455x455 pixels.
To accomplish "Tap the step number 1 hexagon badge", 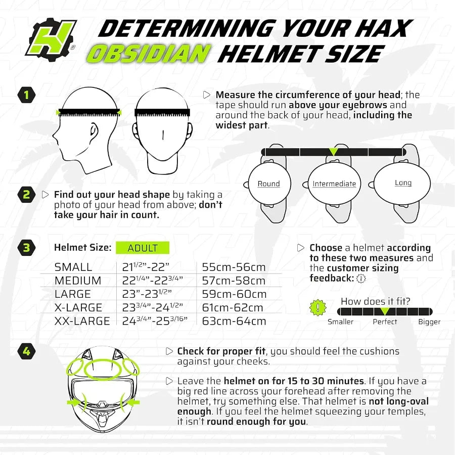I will click(26, 95).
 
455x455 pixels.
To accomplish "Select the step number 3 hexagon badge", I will click(26, 248).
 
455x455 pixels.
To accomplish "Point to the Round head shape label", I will click(268, 184).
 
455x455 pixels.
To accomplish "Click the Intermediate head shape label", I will click(334, 184).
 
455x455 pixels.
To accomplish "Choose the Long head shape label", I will click(403, 183).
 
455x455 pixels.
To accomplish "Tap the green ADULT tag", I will click(143, 248).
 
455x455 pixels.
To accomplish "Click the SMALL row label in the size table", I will click(73, 267).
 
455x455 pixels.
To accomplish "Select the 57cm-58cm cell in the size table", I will click(234, 281).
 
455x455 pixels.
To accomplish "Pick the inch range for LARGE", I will click(147, 294).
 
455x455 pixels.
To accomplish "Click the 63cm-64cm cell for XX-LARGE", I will click(234, 321).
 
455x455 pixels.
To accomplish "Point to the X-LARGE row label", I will click(78, 307).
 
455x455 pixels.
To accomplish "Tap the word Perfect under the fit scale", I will click(385, 322).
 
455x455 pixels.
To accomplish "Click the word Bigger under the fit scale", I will click(429, 322).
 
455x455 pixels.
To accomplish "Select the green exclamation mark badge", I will click(317, 307).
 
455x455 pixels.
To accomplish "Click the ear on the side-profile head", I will click(93, 132).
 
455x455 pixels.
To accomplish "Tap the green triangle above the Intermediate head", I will click(333, 151).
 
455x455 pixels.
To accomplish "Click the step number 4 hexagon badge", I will click(26, 351).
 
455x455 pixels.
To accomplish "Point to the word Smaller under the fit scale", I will click(340, 322).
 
